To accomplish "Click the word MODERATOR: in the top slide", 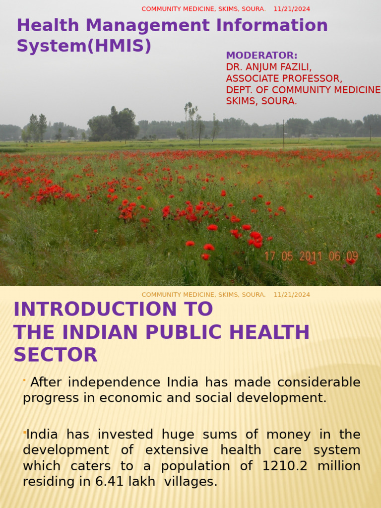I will click(x=261, y=56).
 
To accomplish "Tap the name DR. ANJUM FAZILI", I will click(x=269, y=67).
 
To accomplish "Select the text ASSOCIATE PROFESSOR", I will click(x=284, y=78).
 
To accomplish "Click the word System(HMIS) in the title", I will click(x=84, y=46).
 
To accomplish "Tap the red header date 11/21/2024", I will click(x=292, y=9).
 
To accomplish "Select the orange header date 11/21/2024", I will click(x=292, y=295).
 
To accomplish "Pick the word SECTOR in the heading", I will click(x=56, y=355).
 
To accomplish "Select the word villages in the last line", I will click(x=193, y=482).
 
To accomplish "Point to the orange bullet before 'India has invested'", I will click(x=24, y=433).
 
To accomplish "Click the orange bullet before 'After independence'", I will click(x=24, y=381).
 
